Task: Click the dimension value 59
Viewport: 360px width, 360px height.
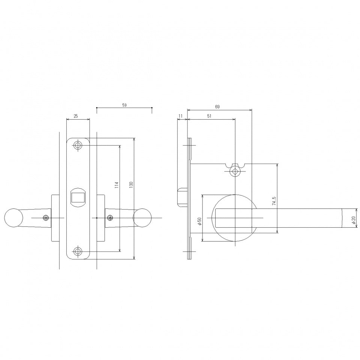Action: (124, 105)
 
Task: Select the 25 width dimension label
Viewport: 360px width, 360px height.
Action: (75, 116)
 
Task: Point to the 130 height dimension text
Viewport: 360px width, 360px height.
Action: (131, 185)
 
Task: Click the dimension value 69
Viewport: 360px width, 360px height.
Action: (217, 107)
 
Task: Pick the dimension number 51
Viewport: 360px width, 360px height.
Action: (209, 116)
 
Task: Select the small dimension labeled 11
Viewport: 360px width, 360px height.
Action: (180, 116)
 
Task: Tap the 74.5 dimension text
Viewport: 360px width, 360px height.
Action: (274, 201)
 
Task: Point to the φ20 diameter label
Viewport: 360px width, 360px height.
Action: (353, 220)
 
